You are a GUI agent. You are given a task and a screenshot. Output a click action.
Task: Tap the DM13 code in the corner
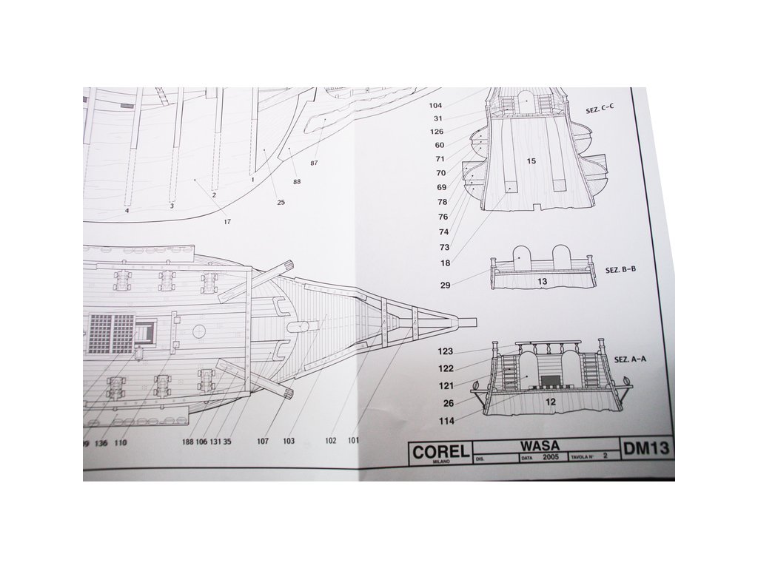(x=647, y=448)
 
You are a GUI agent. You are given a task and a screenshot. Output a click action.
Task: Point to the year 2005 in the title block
(x=550, y=458)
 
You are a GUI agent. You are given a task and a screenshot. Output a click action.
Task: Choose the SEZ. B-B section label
(x=620, y=270)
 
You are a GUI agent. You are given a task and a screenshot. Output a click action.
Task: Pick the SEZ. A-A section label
(x=630, y=359)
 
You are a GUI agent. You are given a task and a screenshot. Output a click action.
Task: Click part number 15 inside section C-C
(x=531, y=160)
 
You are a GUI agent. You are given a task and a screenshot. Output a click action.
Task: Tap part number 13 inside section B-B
(x=542, y=281)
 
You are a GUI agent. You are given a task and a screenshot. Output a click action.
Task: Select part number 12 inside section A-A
(x=550, y=402)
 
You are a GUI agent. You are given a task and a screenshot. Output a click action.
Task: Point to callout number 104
(x=435, y=106)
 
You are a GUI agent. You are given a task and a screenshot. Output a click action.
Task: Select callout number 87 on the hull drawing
(x=314, y=163)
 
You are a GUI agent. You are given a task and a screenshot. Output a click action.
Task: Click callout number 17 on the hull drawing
(x=227, y=220)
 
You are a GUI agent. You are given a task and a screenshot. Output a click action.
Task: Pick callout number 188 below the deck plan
(x=187, y=442)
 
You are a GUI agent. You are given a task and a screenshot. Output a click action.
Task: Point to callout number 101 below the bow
(x=353, y=441)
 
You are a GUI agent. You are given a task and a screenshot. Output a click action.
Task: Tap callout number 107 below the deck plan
(x=263, y=442)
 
